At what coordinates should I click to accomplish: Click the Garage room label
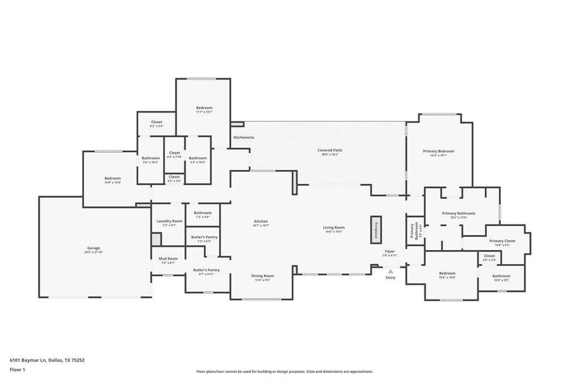(93, 249)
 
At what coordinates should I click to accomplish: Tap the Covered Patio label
(330, 151)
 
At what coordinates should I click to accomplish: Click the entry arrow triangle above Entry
(390, 271)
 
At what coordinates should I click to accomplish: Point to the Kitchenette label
(244, 137)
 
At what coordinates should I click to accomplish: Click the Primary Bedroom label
(438, 152)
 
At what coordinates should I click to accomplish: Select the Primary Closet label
(502, 241)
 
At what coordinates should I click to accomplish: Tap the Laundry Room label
(169, 222)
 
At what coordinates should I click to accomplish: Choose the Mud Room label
(168, 259)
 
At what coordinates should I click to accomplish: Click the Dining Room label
(263, 276)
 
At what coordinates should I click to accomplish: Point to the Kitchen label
(261, 222)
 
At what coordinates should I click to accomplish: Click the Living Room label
(333, 228)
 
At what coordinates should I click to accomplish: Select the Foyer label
(390, 251)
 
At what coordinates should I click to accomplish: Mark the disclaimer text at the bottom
(284, 371)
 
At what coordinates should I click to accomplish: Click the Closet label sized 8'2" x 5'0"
(157, 123)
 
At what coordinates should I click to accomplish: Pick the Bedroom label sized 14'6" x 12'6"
(112, 179)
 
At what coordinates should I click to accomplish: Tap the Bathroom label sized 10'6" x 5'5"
(501, 277)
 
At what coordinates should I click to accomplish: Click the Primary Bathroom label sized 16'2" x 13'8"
(458, 214)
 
